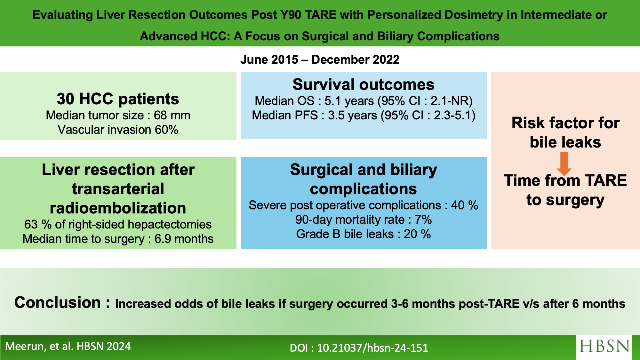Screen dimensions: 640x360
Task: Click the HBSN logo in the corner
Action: point(604,347)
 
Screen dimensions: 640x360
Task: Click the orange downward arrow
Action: point(564,164)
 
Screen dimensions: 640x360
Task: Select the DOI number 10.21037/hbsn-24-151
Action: point(372,348)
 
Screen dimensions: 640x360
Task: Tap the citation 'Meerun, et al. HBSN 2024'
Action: point(68,347)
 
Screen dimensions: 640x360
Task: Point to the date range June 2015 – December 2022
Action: point(320,60)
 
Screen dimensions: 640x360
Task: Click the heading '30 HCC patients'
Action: point(118,99)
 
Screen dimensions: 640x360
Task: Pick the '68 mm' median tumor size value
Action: point(172,115)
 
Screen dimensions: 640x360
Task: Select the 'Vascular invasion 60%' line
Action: point(118,130)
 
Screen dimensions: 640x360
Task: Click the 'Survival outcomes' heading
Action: point(364,84)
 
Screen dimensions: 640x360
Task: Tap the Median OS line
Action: point(364,101)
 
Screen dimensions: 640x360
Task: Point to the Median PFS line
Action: point(364,115)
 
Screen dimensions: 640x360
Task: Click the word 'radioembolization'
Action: point(118,208)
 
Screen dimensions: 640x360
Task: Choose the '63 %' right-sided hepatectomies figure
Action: point(38,224)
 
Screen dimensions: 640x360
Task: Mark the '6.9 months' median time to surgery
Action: point(184,239)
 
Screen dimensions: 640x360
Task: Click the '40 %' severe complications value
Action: point(465,205)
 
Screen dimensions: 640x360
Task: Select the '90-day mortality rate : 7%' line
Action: point(364,220)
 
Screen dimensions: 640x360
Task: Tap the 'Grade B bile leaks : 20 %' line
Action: point(364,234)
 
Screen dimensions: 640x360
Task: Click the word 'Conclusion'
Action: point(58,302)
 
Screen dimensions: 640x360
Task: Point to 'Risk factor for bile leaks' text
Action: point(565,132)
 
